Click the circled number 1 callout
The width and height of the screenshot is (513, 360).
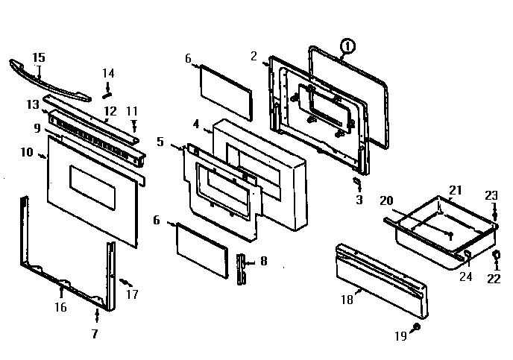tap(346, 47)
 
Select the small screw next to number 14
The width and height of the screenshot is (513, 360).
tap(107, 92)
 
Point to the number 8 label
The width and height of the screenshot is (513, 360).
tap(263, 262)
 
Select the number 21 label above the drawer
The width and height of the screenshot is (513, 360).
tap(454, 191)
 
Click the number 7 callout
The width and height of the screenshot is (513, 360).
tap(95, 334)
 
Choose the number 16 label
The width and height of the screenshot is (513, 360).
tap(60, 307)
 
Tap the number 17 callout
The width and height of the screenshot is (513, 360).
tap(133, 294)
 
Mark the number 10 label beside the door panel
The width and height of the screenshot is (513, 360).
tap(28, 153)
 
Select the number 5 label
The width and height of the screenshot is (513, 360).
tap(161, 140)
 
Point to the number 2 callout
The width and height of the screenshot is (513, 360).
tap(254, 56)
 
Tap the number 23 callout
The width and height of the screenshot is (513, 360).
tap(491, 196)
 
